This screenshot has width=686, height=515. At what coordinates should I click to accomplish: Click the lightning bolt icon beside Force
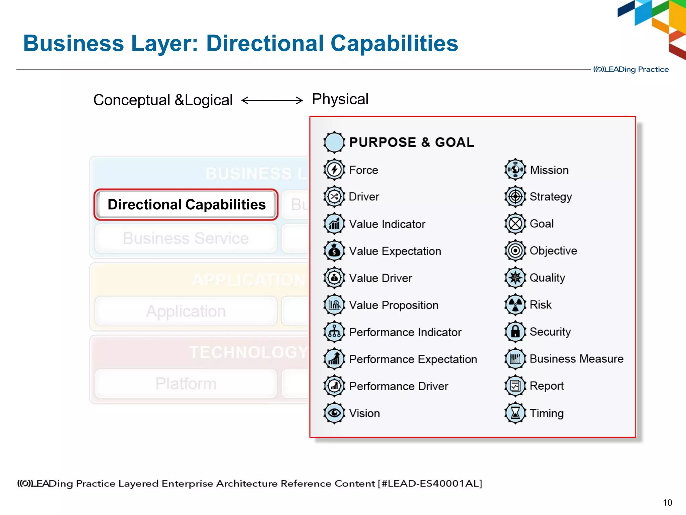click(x=334, y=170)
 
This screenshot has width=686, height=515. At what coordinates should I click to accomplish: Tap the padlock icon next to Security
click(x=515, y=332)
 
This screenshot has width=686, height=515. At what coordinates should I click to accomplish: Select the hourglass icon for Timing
click(x=515, y=413)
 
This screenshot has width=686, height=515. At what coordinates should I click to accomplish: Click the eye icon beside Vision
click(x=334, y=413)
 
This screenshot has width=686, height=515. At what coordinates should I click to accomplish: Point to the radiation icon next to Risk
click(x=515, y=304)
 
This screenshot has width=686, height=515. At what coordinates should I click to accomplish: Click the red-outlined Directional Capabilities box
click(x=186, y=205)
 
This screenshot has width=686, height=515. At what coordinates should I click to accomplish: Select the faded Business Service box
click(x=186, y=238)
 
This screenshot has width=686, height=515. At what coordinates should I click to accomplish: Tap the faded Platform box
click(x=186, y=384)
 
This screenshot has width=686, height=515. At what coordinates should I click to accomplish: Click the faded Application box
click(x=186, y=311)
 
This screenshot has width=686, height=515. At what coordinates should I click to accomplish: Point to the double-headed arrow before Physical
click(x=272, y=100)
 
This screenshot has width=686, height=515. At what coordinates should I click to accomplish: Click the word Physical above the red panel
click(x=340, y=99)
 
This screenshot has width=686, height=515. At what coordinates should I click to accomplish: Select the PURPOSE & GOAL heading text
click(x=411, y=142)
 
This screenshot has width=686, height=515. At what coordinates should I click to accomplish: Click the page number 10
click(x=667, y=503)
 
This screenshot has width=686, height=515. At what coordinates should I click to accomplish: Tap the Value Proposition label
click(x=394, y=305)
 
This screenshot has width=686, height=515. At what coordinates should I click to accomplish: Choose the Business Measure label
click(x=576, y=359)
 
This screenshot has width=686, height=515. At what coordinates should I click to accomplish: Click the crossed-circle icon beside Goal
click(x=515, y=224)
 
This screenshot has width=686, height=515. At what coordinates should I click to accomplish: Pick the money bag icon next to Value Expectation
click(x=334, y=251)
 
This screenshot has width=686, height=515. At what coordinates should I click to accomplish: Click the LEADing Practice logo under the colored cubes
click(x=631, y=69)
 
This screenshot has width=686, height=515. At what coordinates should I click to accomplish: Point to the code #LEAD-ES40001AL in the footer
click(x=430, y=483)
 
